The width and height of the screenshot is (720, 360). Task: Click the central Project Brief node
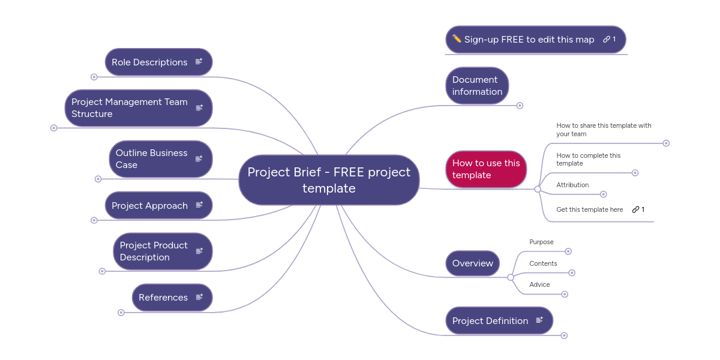click(x=329, y=180)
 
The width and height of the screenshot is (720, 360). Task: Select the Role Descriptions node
click(x=149, y=62)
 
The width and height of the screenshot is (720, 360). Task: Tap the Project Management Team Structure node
click(x=130, y=108)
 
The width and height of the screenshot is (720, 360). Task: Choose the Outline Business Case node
click(x=152, y=159)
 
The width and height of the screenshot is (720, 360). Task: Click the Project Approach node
click(x=149, y=206)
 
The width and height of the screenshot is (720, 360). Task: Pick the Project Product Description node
click(x=154, y=251)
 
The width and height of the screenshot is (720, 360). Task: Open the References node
click(x=163, y=298)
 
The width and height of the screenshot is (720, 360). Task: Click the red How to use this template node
click(x=486, y=169)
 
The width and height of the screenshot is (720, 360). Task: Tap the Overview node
click(x=473, y=263)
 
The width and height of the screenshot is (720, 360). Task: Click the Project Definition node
click(x=490, y=321)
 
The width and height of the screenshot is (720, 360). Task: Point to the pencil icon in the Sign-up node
click(x=457, y=39)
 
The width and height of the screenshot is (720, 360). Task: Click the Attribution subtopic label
click(x=572, y=185)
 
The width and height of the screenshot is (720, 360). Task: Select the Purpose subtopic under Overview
click(x=541, y=242)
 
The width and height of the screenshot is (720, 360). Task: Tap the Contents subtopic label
click(x=543, y=263)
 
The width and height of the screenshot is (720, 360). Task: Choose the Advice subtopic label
click(x=539, y=284)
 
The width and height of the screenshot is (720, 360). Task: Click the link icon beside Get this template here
click(x=635, y=209)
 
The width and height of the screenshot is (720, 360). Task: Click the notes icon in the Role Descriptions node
click(x=199, y=62)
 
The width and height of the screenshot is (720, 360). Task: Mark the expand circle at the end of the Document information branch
click(x=520, y=106)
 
